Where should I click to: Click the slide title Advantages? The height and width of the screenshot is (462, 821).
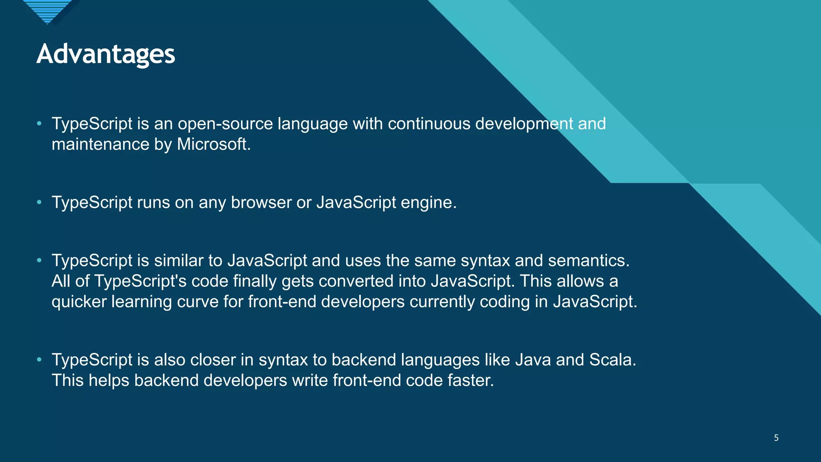click(106, 54)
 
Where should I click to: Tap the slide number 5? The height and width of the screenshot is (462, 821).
click(776, 438)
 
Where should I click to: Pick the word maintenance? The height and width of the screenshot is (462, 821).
click(100, 144)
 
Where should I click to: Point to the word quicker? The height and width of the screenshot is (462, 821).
click(79, 302)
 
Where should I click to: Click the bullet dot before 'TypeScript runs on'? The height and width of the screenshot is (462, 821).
click(39, 203)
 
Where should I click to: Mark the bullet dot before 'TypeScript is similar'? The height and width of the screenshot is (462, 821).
click(39, 261)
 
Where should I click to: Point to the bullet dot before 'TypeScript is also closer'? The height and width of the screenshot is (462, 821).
click(39, 360)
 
